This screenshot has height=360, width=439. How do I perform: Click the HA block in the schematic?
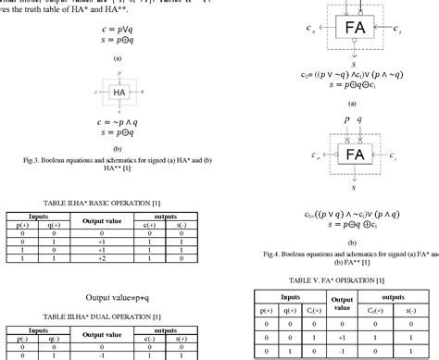click(119, 93)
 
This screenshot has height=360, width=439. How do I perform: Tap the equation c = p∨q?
click(119, 31)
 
